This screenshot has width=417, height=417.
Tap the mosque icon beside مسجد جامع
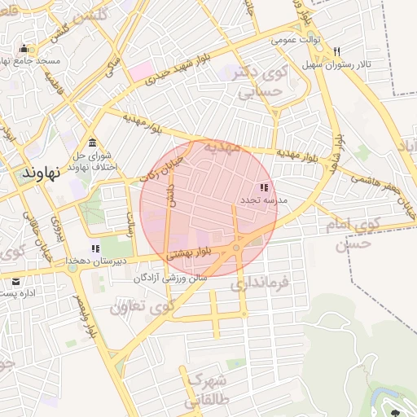[24, 49]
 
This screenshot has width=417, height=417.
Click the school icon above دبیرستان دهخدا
[95, 248]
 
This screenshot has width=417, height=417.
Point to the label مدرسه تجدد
[262, 200]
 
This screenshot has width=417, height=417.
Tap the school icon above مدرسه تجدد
[262, 187]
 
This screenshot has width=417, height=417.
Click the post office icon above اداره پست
[16, 281]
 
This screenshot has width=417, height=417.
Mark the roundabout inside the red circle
[236, 248]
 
